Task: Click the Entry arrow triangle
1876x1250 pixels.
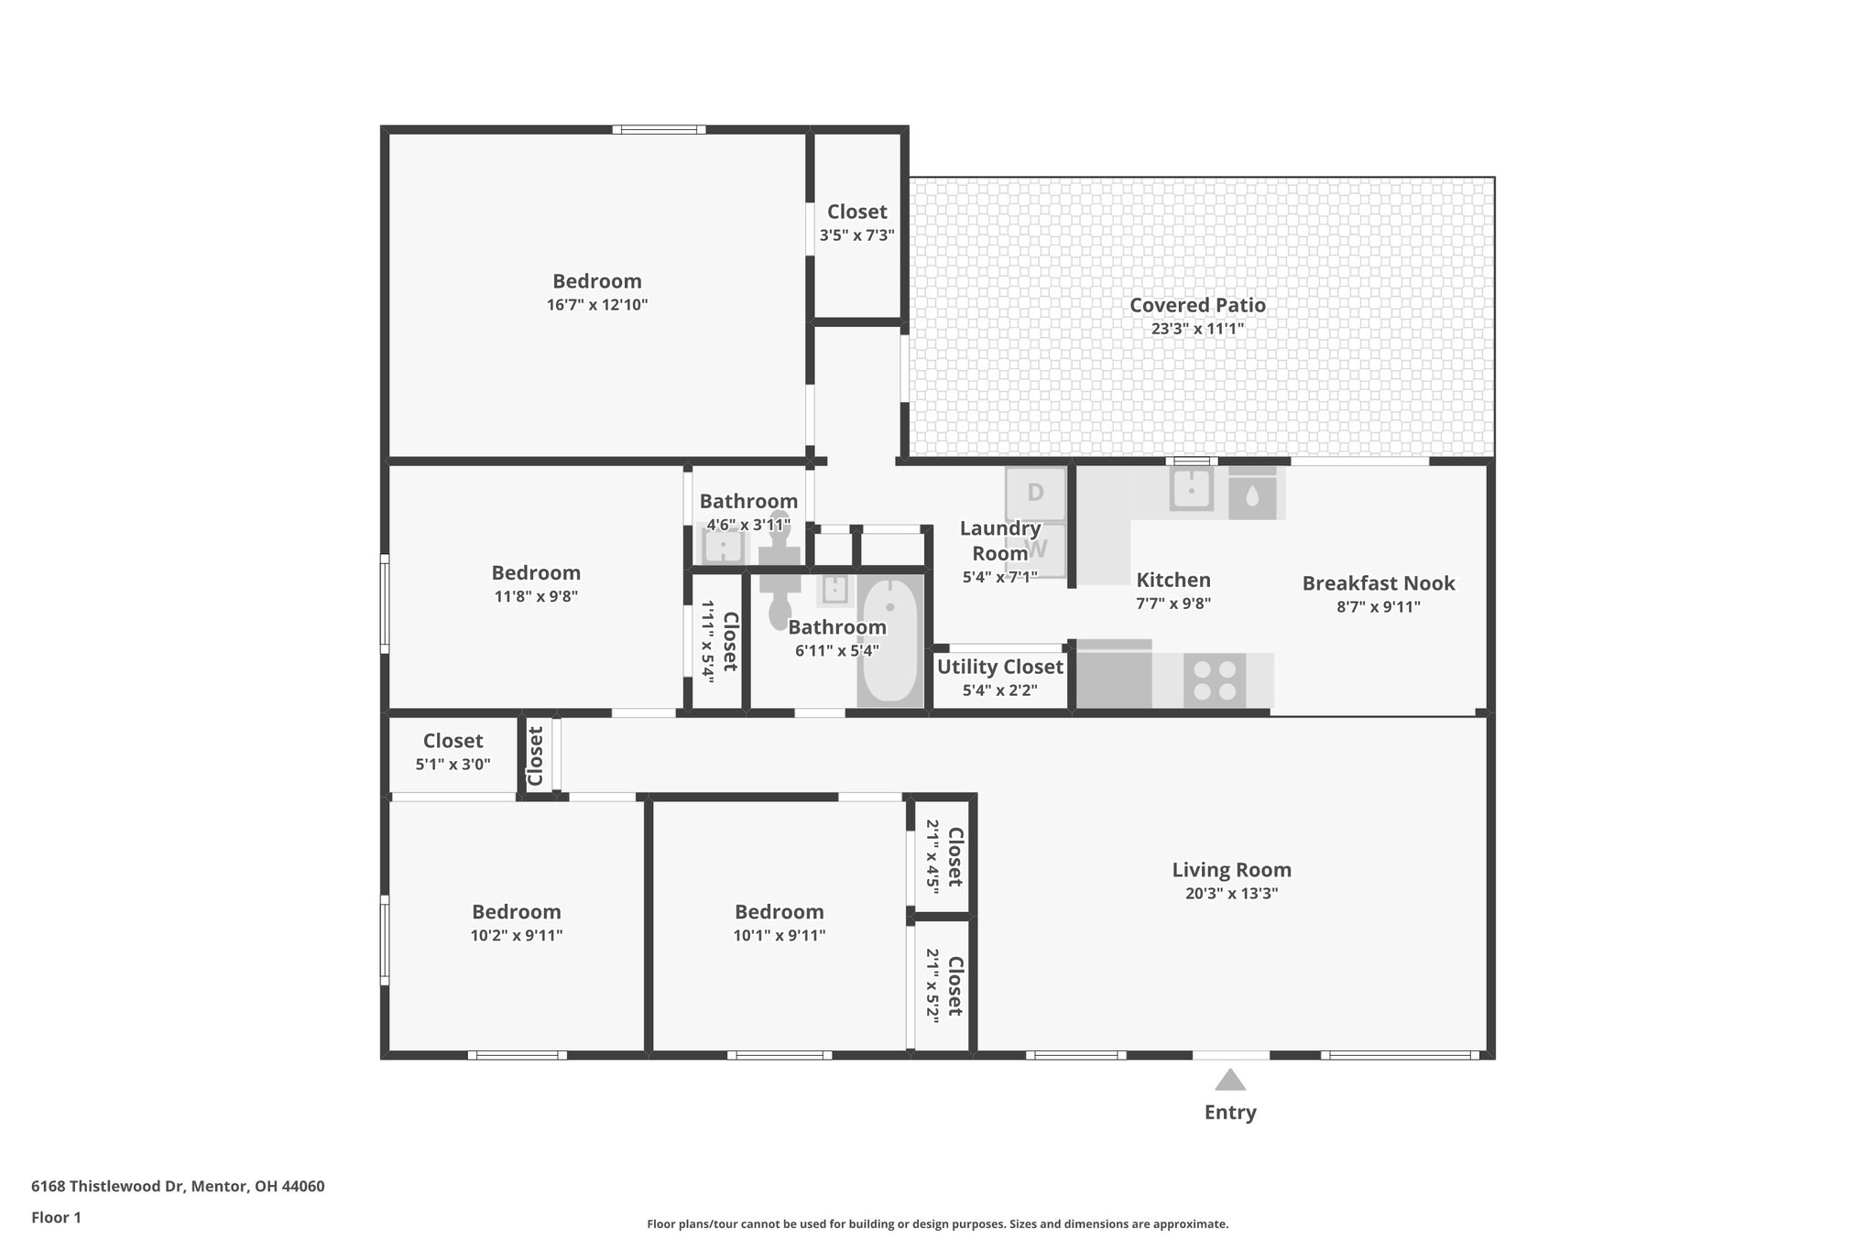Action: coord(1229,1081)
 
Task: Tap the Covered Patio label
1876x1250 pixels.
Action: coord(1197,305)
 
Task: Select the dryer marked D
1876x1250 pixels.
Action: coord(1036,494)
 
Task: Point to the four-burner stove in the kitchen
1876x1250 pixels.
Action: coord(1215,680)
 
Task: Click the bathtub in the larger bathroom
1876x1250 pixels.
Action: coord(889,640)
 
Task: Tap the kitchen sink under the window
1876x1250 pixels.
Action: coord(1191,489)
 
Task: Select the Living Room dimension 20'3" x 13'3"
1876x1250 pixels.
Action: coord(1231,894)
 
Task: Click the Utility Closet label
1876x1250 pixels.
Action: coord(999,667)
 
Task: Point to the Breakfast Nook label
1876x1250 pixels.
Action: coord(1378,583)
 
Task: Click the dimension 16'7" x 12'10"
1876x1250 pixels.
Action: coord(597,305)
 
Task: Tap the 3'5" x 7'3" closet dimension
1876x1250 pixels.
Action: coord(856,235)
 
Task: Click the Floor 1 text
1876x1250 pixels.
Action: coord(56,1217)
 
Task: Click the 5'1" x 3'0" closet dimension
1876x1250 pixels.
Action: coord(453,764)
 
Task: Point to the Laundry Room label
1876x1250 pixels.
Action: coord(999,540)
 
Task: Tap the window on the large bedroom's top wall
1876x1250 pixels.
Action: coord(659,130)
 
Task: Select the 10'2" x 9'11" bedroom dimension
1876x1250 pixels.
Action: coord(517,935)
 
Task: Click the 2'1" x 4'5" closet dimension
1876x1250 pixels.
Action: coord(933,855)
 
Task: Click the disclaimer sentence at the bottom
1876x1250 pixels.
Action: coord(937,1223)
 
